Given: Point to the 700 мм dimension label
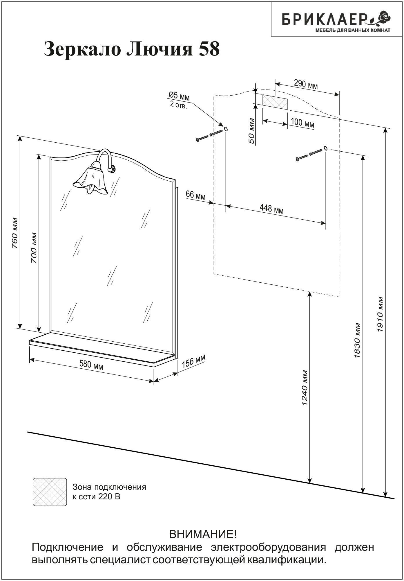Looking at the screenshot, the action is (34, 248).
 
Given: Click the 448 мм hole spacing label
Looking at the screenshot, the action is (271, 208).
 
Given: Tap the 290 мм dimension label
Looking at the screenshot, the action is (306, 85).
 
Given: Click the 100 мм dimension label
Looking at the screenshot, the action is (302, 123).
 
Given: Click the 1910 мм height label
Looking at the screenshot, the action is (381, 314).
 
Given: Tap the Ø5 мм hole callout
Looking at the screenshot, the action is (179, 100).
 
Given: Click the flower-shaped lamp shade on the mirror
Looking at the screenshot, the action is (91, 178).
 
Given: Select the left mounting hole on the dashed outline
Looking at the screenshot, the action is (226, 129).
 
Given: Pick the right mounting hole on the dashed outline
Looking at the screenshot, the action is (325, 148).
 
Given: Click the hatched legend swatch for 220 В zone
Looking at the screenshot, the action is (50, 492).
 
